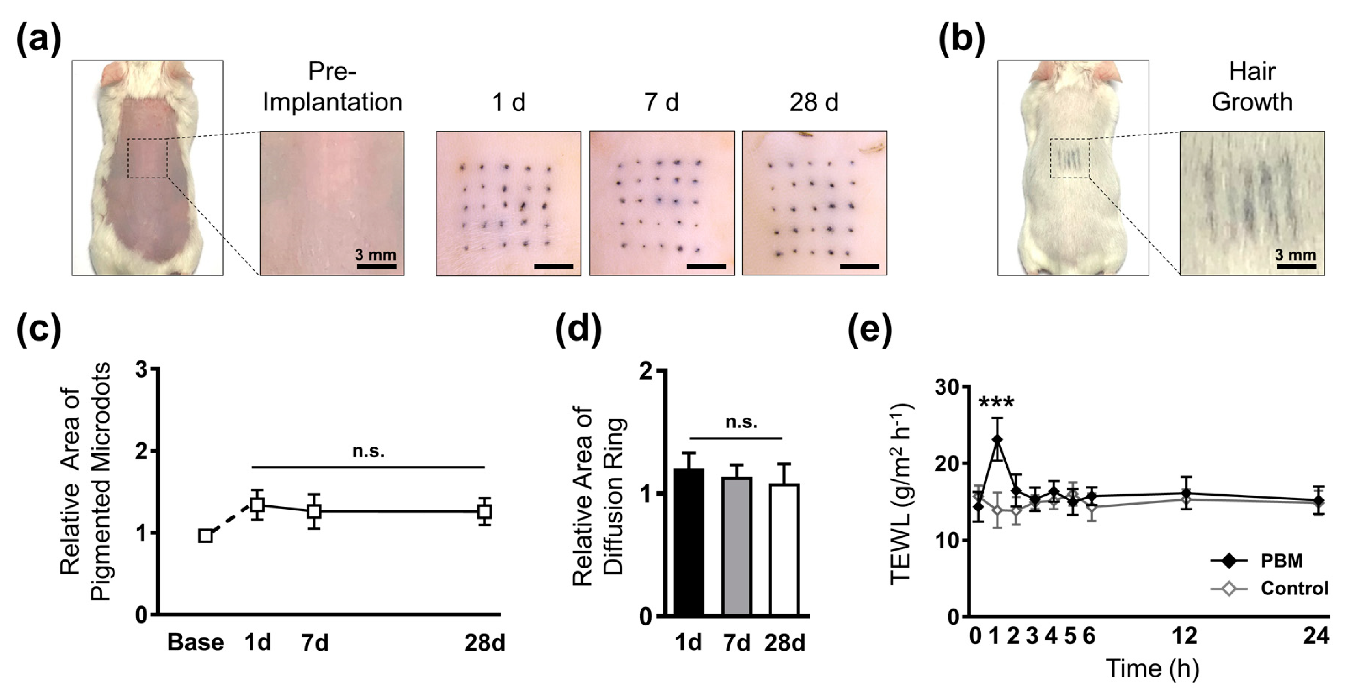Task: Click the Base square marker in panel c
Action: pos(206,536)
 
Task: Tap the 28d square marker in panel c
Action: pos(485,511)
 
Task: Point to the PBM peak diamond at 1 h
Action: pos(997,439)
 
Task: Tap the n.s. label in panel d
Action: pos(741,421)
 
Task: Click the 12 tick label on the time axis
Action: pos(1184,636)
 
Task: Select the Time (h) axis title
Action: pos(1152,669)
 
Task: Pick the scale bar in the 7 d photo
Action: pos(706,267)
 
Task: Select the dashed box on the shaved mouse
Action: pos(147,159)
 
